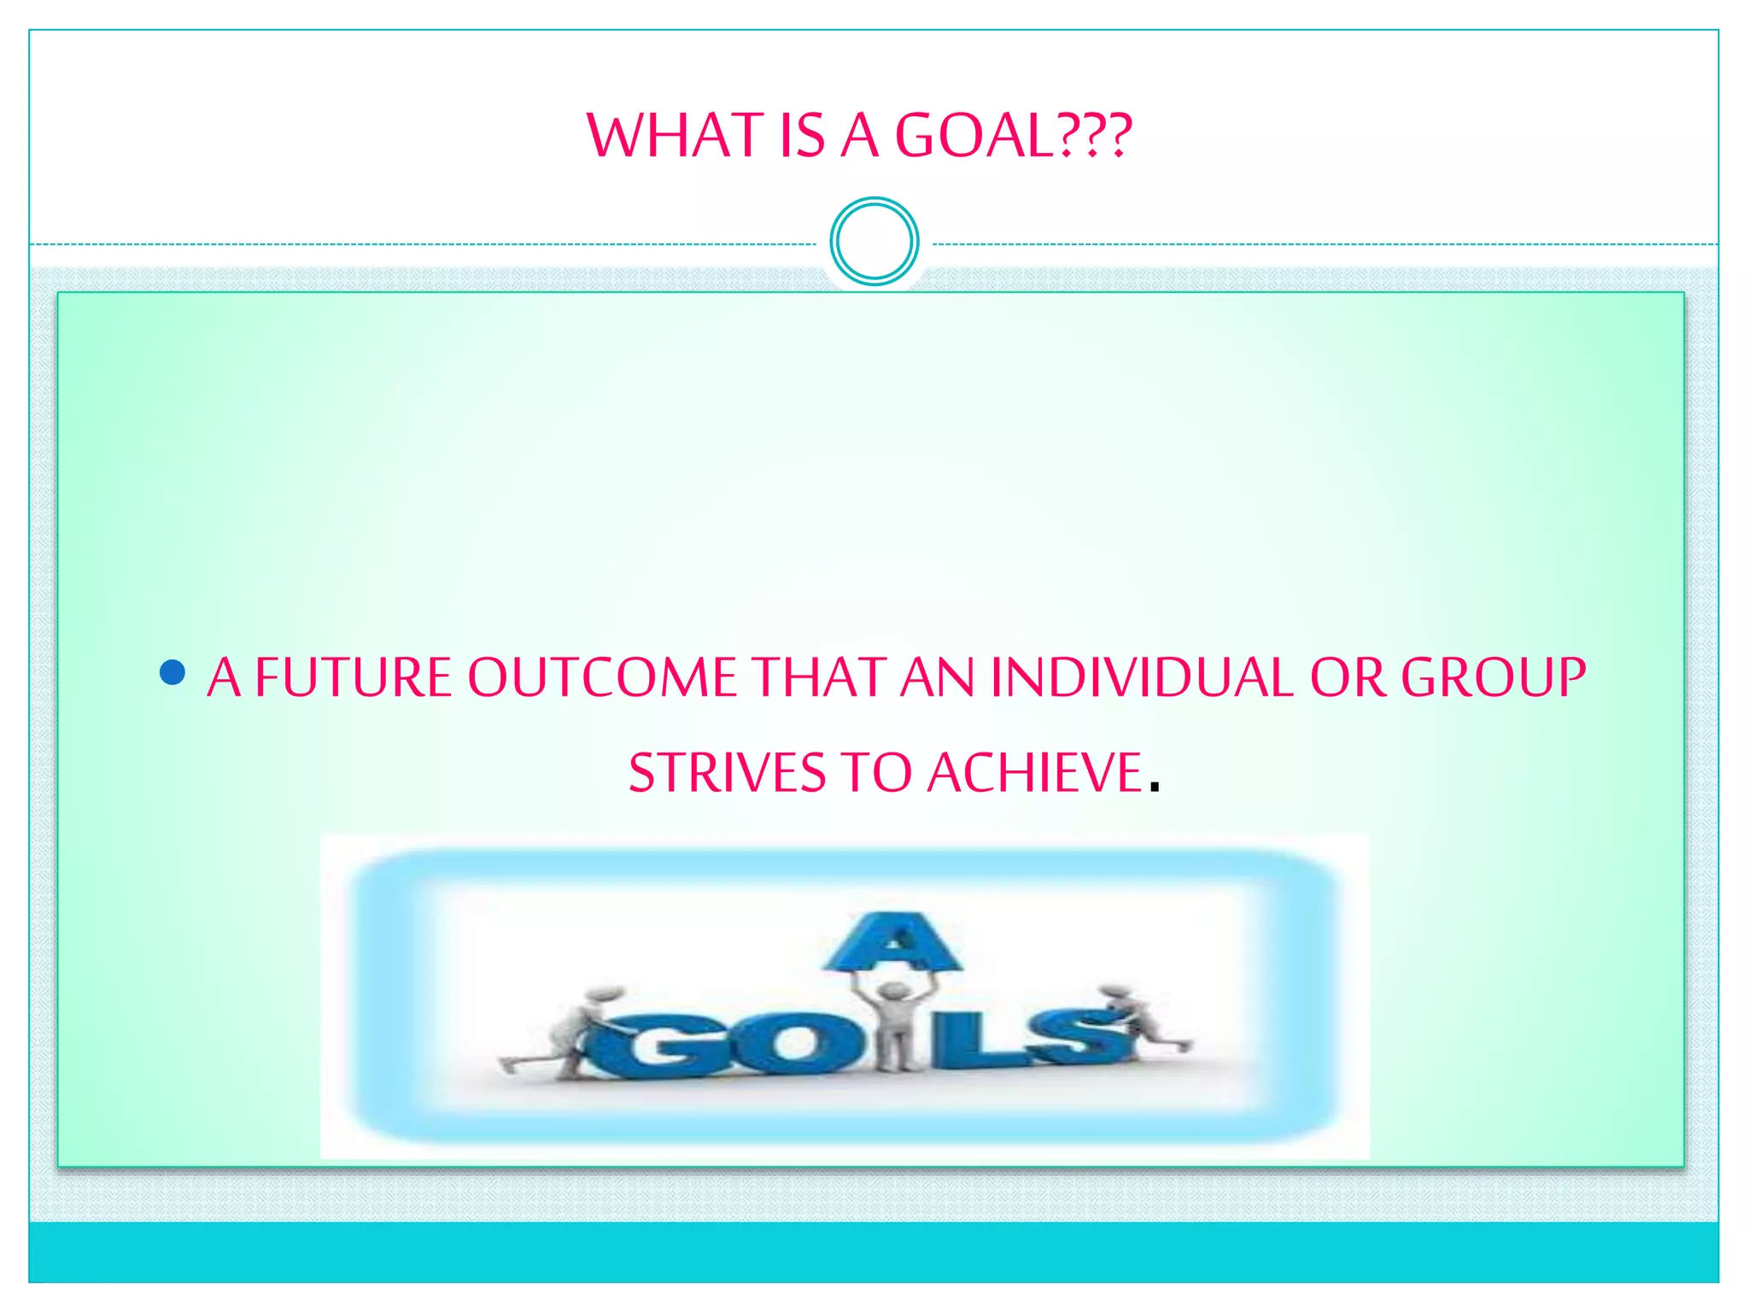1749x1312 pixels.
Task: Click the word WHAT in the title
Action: pyautogui.click(x=674, y=136)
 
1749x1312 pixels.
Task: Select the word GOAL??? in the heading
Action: pyautogui.click(x=1013, y=136)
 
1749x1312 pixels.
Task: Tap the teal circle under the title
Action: pyautogui.click(x=874, y=242)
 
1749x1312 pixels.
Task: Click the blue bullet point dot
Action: pyautogui.click(x=173, y=672)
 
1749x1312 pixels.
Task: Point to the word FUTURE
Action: pyautogui.click(x=353, y=677)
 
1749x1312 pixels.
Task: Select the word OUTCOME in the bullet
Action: pyautogui.click(x=601, y=677)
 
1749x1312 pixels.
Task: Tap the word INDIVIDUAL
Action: pyautogui.click(x=1142, y=677)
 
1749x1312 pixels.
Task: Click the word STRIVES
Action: pyautogui.click(x=728, y=773)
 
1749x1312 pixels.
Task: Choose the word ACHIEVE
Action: pyautogui.click(x=1035, y=773)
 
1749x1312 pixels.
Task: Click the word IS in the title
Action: pyautogui.click(x=802, y=136)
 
